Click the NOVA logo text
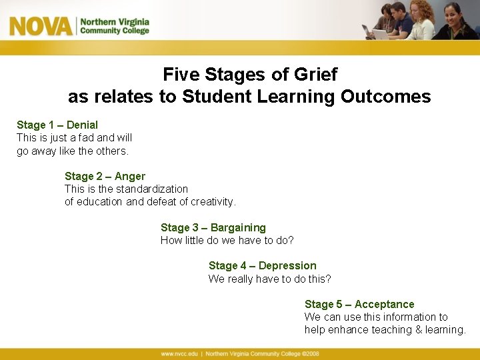[40, 26]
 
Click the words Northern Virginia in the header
[115, 21]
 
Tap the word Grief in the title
[315, 74]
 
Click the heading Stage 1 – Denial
[57, 125]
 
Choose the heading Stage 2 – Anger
[105, 176]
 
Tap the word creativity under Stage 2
[213, 201]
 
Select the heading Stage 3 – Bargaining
[213, 227]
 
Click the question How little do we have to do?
[227, 240]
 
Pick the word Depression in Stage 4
[287, 265]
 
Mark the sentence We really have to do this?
[269, 279]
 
